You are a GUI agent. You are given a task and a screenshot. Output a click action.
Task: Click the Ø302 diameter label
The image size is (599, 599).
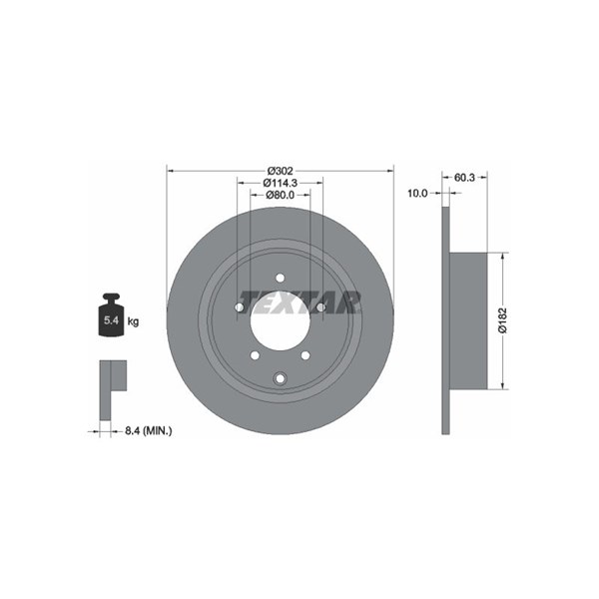[x=280, y=171]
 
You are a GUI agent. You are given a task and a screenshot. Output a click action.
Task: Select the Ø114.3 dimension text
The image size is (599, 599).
[x=280, y=183]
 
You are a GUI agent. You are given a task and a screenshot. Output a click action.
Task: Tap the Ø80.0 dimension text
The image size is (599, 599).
[x=280, y=195]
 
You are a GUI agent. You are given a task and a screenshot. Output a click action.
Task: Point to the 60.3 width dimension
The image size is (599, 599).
[x=464, y=178]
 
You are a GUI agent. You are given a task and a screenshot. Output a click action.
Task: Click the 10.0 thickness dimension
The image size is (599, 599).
[x=417, y=194]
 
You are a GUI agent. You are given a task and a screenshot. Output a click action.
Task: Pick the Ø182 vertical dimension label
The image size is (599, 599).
[x=502, y=320]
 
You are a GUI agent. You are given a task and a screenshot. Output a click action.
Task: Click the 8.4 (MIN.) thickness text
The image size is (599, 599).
[x=149, y=431]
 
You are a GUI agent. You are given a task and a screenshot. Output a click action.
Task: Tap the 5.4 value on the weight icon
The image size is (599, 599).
[x=111, y=320]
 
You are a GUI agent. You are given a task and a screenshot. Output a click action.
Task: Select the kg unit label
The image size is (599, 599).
[x=133, y=321]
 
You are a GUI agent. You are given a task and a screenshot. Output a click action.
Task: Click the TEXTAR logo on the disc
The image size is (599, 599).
[x=299, y=302]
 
